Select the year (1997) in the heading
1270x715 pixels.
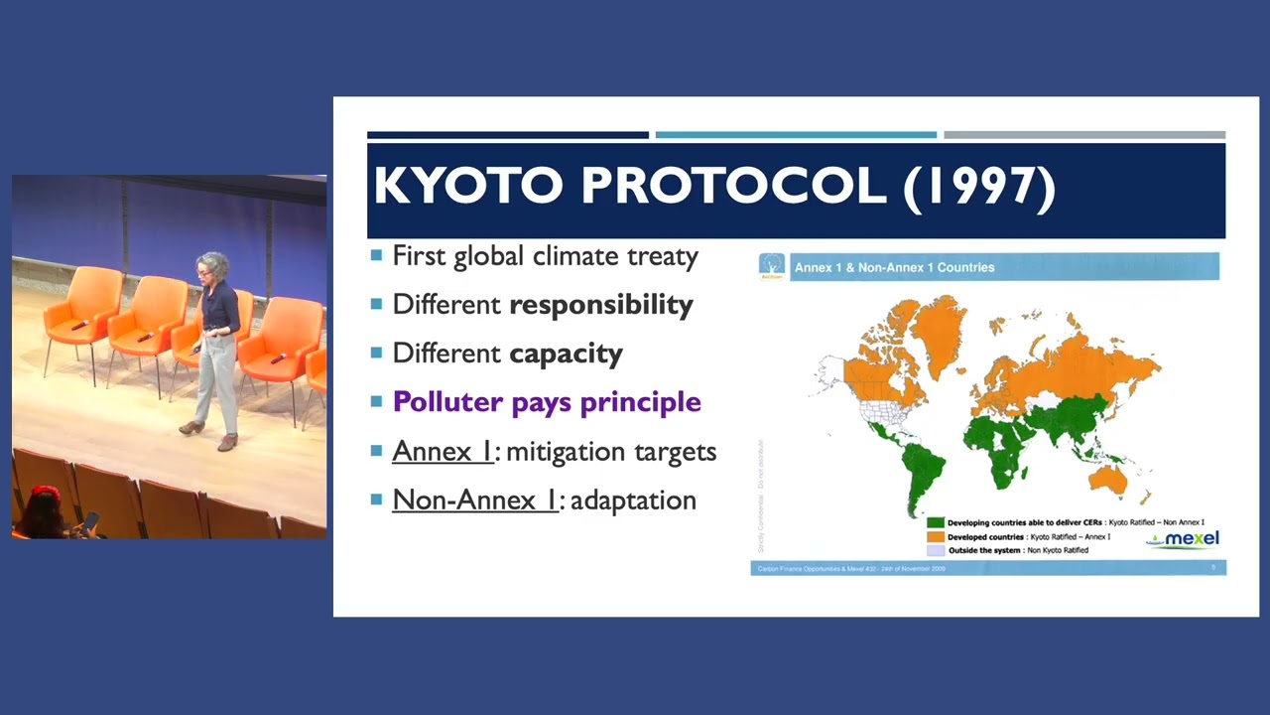click(979, 186)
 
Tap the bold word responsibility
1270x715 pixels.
click(600, 305)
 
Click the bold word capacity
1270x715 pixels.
click(566, 354)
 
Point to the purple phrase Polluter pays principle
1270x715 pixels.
click(547, 402)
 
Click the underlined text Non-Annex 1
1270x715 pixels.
click(475, 500)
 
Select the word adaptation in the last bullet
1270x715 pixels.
click(633, 500)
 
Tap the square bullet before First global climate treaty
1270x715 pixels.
click(376, 256)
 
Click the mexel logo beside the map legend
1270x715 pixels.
click(1184, 539)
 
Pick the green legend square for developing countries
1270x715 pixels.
click(935, 522)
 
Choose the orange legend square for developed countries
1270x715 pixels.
click(935, 536)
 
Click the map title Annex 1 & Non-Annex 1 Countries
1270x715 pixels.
click(894, 267)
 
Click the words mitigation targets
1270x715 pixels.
click(611, 452)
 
